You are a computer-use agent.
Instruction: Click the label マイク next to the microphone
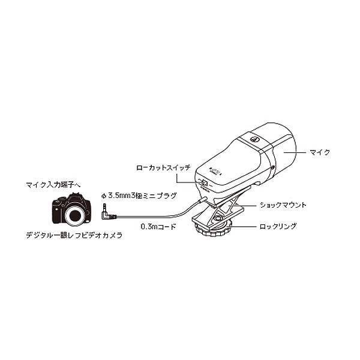click(x=319, y=152)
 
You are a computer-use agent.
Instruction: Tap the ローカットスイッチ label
click(x=163, y=167)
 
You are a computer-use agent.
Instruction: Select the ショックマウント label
click(x=283, y=205)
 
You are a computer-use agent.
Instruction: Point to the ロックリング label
click(x=278, y=226)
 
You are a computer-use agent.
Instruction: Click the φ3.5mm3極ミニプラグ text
click(x=139, y=196)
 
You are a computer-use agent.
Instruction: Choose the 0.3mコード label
click(x=158, y=227)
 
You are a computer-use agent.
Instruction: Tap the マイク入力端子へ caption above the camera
click(x=53, y=185)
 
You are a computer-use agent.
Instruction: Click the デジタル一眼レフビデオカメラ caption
click(x=74, y=235)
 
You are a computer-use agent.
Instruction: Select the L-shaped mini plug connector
click(x=107, y=213)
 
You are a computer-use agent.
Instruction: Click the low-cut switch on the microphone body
click(x=205, y=183)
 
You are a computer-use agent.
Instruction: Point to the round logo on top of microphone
click(x=254, y=139)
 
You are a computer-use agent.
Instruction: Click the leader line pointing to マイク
click(x=295, y=152)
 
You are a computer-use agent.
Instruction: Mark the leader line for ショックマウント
click(x=242, y=205)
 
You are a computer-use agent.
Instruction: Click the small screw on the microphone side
click(x=272, y=167)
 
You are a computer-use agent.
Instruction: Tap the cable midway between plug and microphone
click(x=161, y=216)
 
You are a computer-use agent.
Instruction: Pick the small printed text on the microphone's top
click(x=215, y=171)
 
